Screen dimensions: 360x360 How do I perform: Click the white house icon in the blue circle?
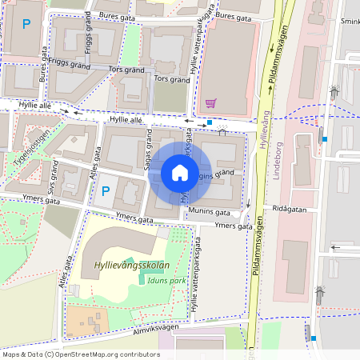click(x=180, y=172)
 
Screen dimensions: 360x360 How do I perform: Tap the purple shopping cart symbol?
click(x=210, y=103)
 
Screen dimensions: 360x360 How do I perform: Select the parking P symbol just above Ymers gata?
click(x=104, y=191)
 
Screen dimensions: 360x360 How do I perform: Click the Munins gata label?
click(x=211, y=214)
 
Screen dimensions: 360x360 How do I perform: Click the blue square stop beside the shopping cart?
click(x=210, y=122)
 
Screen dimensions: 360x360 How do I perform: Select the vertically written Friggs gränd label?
click(x=88, y=38)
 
